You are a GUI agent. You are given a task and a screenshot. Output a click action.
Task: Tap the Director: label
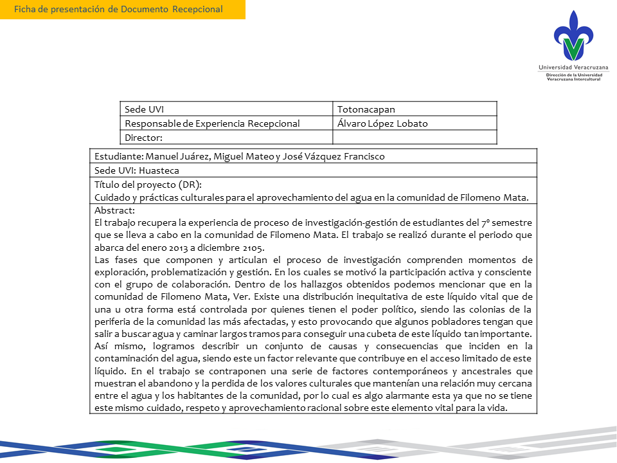tap(143, 137)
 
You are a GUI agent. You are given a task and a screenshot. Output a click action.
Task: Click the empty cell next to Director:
tap(415, 137)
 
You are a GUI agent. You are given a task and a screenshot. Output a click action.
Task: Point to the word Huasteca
tap(157, 170)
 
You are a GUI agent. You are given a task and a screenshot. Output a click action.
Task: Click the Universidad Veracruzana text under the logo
tap(573, 68)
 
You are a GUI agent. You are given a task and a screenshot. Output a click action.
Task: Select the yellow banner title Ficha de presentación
tap(118, 9)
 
